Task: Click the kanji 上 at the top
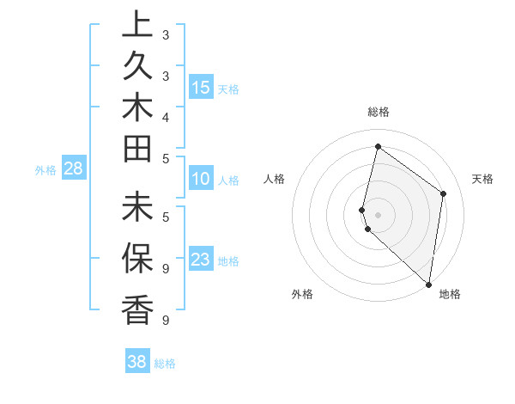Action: (x=136, y=26)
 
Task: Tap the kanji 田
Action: (x=136, y=150)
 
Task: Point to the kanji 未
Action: (x=136, y=209)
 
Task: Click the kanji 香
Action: (x=136, y=310)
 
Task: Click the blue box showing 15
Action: (x=201, y=87)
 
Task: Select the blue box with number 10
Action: (x=201, y=179)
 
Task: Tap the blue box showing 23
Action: (x=201, y=260)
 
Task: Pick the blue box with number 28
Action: (x=73, y=168)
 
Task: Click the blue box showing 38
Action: (x=137, y=362)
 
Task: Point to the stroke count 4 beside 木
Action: (x=165, y=116)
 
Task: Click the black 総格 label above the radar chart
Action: (x=378, y=112)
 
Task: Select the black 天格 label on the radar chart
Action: (x=482, y=179)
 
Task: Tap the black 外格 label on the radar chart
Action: (x=302, y=294)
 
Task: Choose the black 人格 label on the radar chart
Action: (x=275, y=179)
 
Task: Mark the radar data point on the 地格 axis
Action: (x=428, y=285)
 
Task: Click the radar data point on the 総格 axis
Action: (x=378, y=146)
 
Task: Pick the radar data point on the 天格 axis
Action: (x=444, y=193)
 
